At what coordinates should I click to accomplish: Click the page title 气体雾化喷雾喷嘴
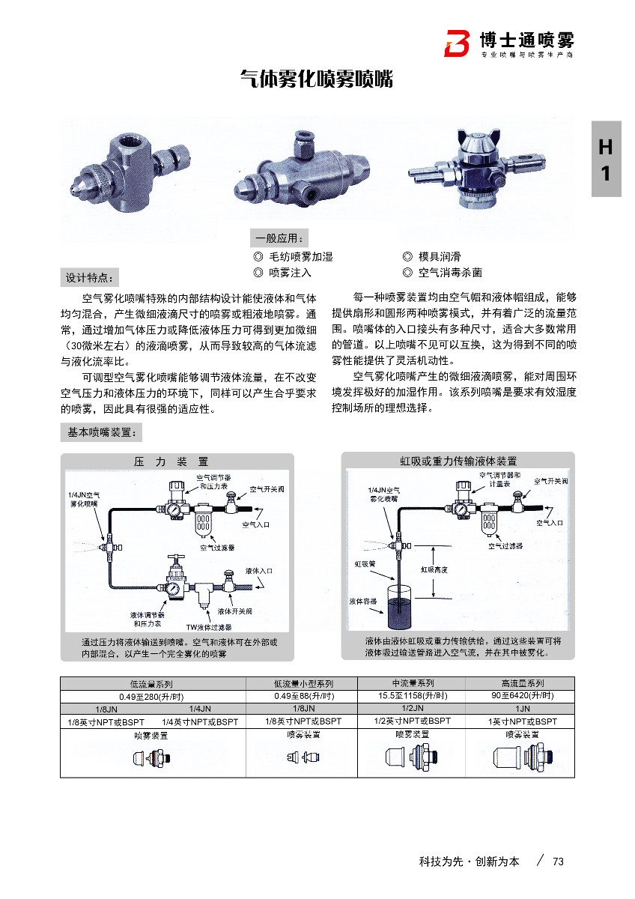316,79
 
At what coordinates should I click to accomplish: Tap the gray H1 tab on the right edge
606,159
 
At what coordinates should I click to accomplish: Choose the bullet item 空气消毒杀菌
449,273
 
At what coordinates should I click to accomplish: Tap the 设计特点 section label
89,278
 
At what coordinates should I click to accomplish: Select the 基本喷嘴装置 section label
100,432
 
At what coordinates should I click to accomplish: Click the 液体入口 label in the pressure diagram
260,571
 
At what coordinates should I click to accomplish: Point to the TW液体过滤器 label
209,626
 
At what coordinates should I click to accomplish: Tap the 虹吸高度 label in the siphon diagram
434,569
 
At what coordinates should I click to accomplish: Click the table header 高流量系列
522,683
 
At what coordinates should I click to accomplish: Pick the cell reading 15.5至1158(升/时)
412,696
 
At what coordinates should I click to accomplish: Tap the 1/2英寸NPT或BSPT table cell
412,721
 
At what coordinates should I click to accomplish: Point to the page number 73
557,862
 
